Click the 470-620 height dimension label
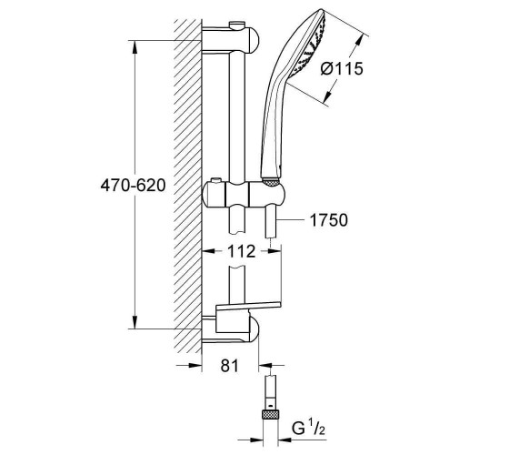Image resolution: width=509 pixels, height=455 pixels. click(133, 186)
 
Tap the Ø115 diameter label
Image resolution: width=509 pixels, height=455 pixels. click(342, 69)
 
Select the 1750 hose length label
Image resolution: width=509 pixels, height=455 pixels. click(329, 220)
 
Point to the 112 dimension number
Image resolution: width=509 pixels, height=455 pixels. click(241, 251)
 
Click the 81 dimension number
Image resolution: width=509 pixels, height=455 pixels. click(229, 366)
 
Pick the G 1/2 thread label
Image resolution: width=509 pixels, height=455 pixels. click(308, 428)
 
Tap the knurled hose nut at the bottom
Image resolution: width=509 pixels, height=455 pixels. click(270, 415)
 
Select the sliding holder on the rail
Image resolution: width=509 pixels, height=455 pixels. click(244, 196)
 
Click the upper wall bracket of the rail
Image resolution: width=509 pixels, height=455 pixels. click(231, 40)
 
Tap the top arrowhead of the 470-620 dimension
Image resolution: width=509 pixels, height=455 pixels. click(135, 46)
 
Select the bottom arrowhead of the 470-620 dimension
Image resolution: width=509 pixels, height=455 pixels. click(135, 322)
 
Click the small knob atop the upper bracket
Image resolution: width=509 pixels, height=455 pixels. click(237, 25)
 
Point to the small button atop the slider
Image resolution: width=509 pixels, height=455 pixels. click(215, 180)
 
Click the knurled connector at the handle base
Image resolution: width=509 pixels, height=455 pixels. click(271, 182)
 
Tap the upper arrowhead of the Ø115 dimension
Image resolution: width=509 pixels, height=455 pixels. click(358, 41)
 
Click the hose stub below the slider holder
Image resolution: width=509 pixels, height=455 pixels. click(271, 223)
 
